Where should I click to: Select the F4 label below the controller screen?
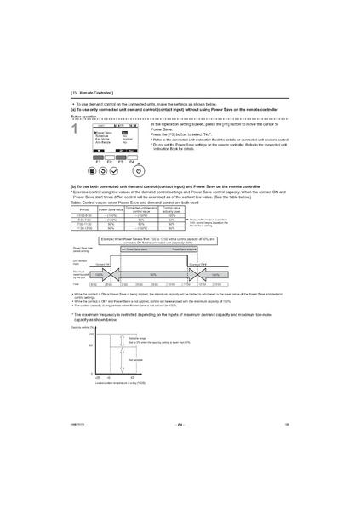click(132, 160)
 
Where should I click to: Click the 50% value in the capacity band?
click(152, 275)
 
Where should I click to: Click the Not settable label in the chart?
click(135, 360)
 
